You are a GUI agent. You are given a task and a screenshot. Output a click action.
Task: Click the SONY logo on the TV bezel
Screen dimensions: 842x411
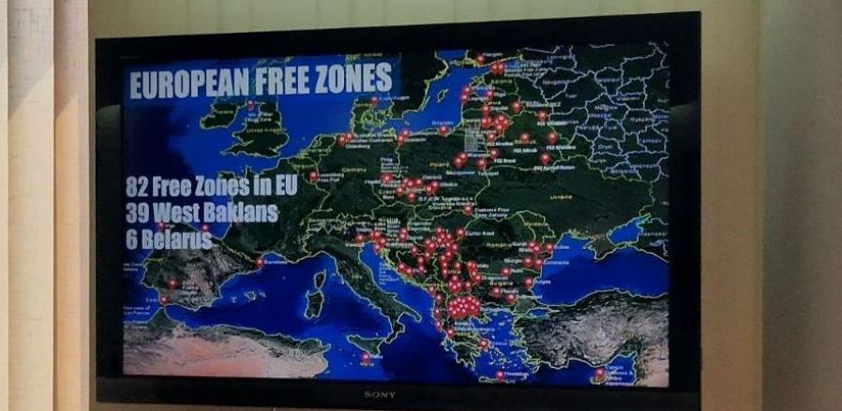pyautogui.click(x=379, y=394)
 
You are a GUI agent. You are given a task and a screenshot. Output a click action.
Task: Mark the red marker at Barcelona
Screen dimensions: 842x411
pyautogui.click(x=260, y=262)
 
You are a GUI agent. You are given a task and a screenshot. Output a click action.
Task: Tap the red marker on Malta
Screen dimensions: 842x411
pyautogui.click(x=366, y=356)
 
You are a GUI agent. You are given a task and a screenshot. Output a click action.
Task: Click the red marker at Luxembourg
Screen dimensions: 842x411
pyautogui.click(x=313, y=175)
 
